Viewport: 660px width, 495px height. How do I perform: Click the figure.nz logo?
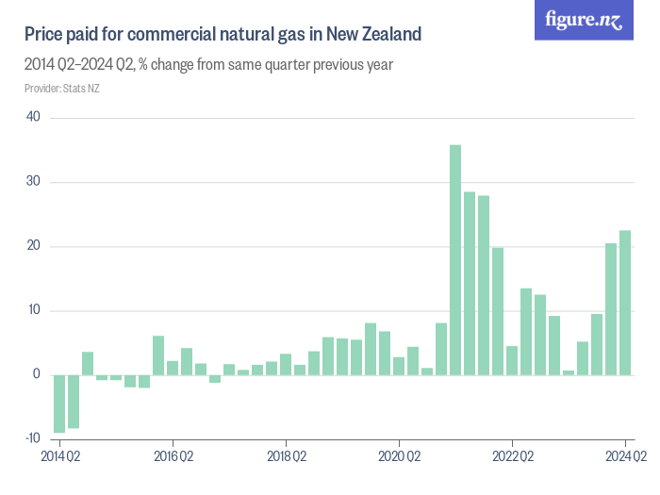point(584,20)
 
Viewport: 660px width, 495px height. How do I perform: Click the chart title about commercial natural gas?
point(223,35)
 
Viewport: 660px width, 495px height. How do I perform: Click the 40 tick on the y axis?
point(33,117)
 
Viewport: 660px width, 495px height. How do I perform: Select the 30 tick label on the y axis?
point(33,182)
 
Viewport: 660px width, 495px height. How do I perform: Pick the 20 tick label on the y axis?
point(33,246)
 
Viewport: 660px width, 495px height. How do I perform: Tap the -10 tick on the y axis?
point(31,438)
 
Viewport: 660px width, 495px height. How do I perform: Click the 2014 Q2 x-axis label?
point(59,457)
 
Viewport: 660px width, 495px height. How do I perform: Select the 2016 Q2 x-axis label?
point(173,457)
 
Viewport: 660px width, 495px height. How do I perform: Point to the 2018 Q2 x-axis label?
point(286,457)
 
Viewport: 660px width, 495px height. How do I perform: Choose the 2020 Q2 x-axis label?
point(399,457)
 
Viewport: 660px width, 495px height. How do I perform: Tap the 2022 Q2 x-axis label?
point(512,457)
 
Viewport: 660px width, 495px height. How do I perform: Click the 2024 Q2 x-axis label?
point(625,457)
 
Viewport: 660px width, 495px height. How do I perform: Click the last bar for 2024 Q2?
point(625,303)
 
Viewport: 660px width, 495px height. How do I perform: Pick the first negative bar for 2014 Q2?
point(59,404)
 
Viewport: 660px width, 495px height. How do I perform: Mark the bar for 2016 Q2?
point(158,355)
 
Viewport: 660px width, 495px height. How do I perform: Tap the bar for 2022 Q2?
point(512,360)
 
